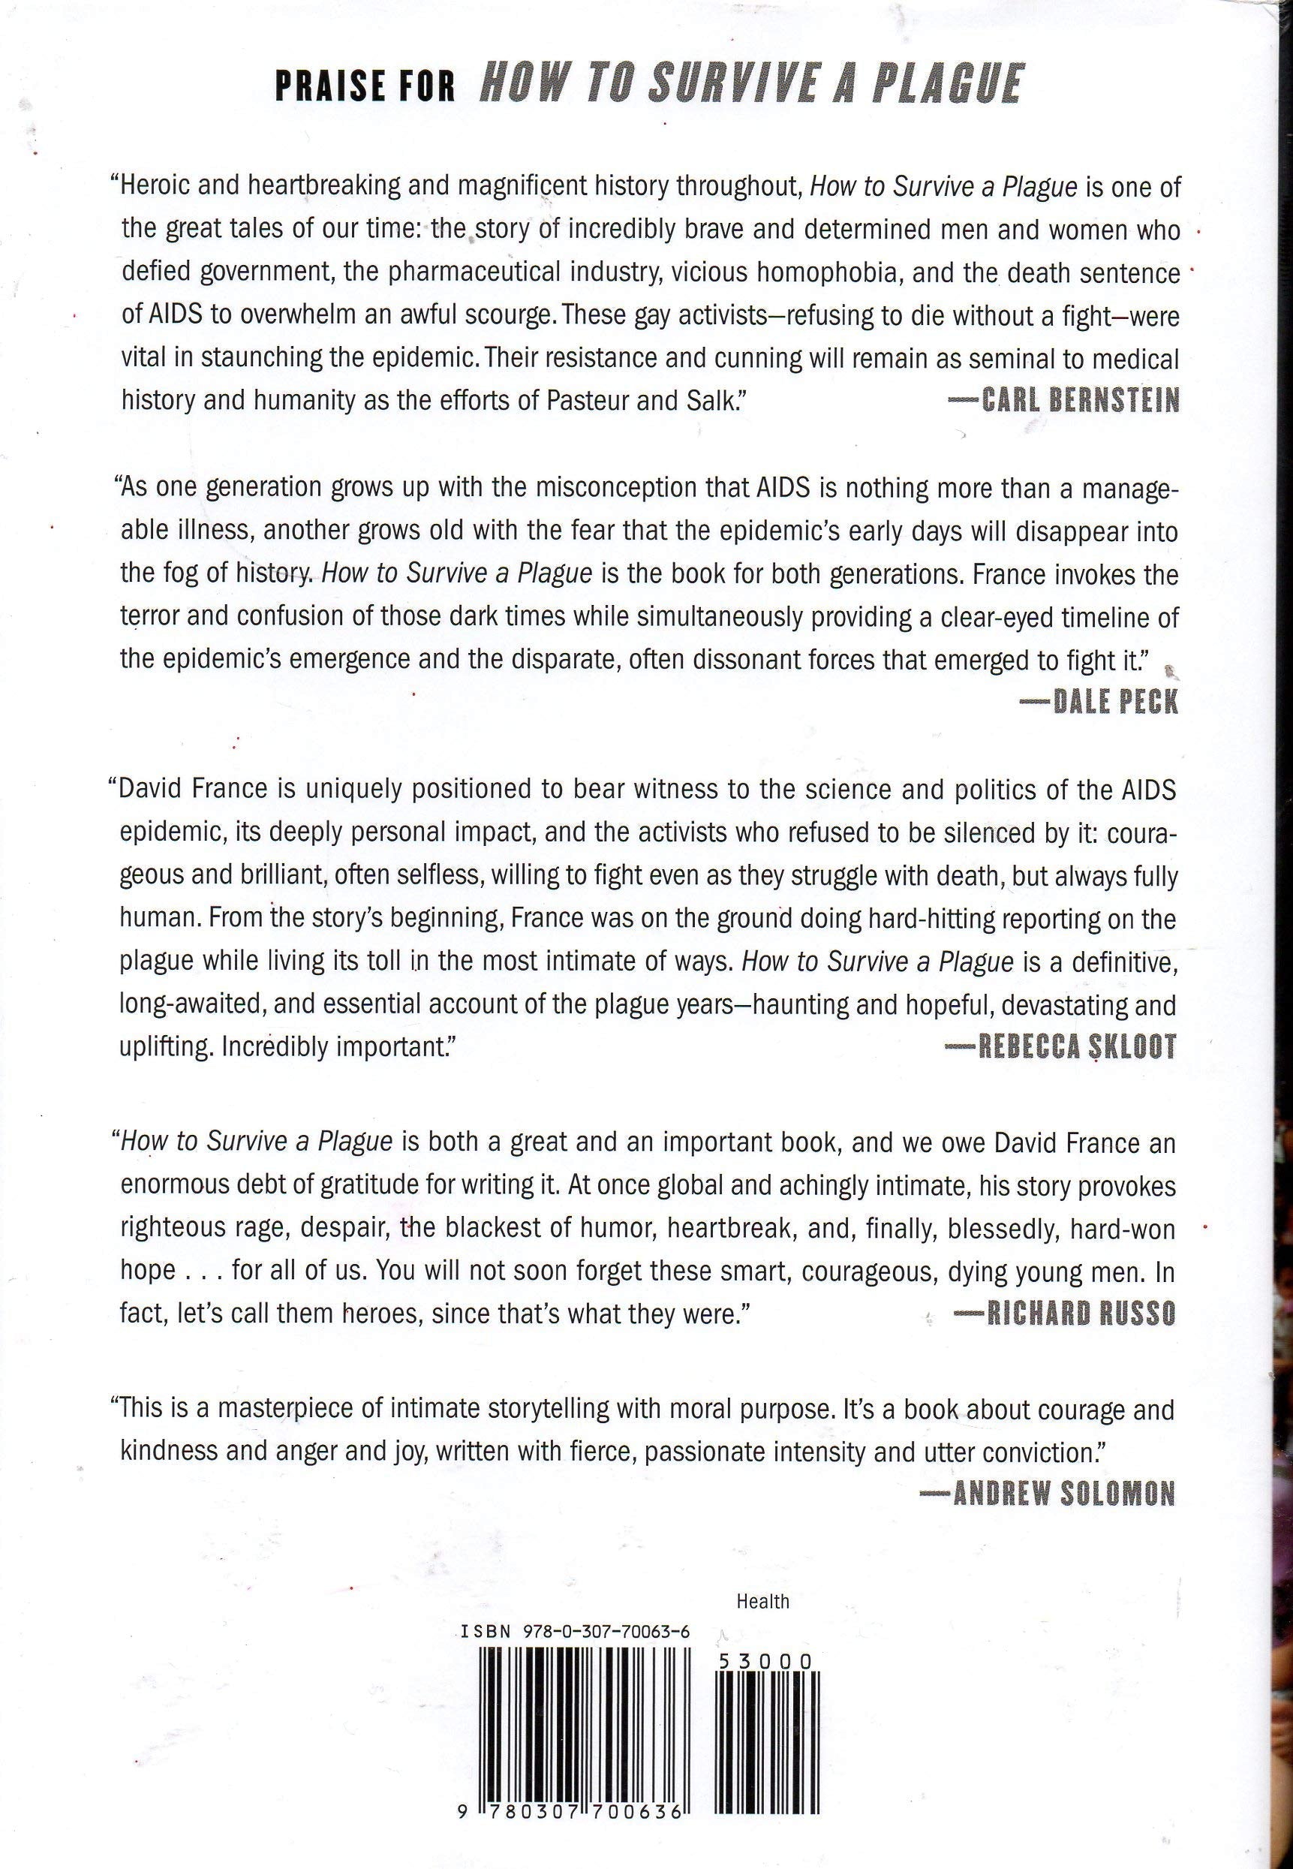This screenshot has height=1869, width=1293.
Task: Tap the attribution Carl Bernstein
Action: click(1069, 401)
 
